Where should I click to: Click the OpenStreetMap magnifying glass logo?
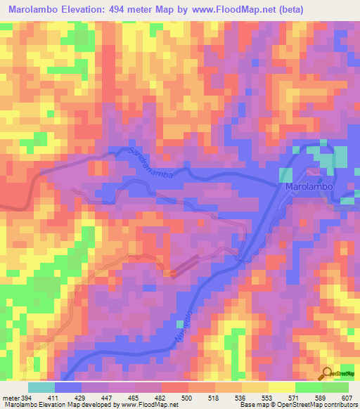(x=328, y=375)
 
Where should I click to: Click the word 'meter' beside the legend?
(x=9, y=397)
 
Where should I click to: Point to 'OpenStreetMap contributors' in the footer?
(x=316, y=405)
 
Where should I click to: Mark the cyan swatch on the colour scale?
(x=41, y=387)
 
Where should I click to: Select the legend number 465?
(x=129, y=397)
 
